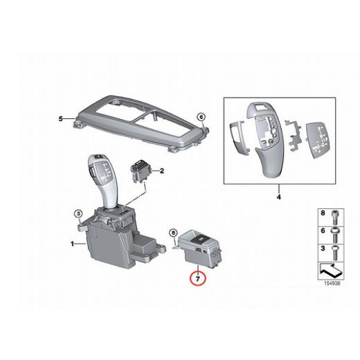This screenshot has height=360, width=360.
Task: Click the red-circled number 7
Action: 197,279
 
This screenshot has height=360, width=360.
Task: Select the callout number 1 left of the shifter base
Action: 73,243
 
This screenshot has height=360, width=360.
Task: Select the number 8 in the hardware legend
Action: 321,214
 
